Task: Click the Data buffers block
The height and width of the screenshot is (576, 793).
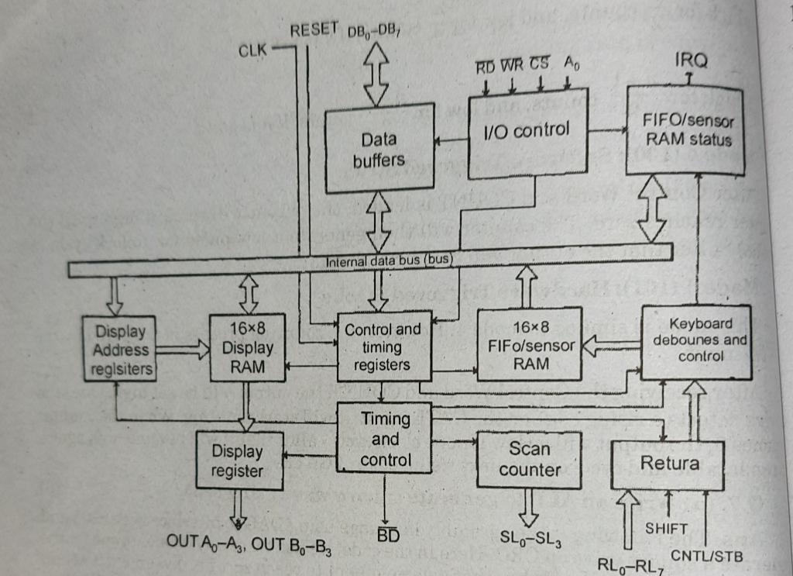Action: (x=379, y=149)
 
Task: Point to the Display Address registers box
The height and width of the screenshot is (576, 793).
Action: (x=120, y=350)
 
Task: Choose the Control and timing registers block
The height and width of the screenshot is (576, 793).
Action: (x=383, y=347)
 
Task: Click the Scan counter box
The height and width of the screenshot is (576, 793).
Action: (x=529, y=459)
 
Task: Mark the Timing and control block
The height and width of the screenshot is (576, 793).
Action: (x=385, y=439)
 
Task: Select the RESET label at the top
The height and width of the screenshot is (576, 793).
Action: (x=314, y=30)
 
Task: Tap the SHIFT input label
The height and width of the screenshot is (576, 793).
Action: (x=667, y=528)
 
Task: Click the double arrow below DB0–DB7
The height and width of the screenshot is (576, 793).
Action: (x=376, y=73)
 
